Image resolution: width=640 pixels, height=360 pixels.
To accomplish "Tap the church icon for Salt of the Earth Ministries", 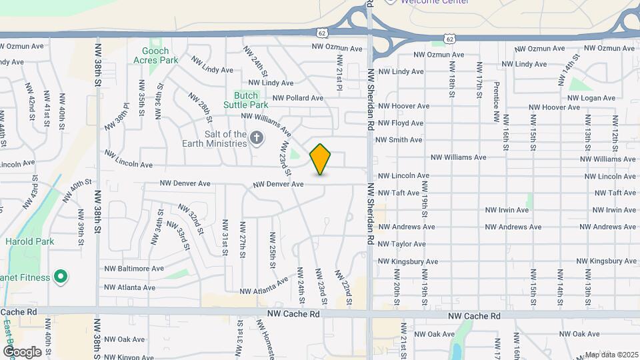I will pos(258,138).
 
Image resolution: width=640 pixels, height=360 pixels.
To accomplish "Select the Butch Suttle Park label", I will pos(251,100).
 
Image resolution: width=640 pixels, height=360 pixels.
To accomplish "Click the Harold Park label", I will pos(27,241).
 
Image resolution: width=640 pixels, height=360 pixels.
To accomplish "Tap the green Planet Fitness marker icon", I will pos(61,275).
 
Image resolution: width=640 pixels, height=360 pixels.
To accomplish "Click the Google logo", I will pos(22,351).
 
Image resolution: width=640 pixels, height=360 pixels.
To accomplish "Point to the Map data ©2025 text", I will pos(611,355).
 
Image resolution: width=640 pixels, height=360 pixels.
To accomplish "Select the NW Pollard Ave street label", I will pos(297,98).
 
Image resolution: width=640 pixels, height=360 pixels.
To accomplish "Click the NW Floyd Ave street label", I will pos(400,123).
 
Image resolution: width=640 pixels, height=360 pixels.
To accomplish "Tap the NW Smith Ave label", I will pos(399,140).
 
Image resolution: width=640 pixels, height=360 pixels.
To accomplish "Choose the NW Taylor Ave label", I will pos(401,244).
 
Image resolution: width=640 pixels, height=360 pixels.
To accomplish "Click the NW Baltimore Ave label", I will pos(134,269).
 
